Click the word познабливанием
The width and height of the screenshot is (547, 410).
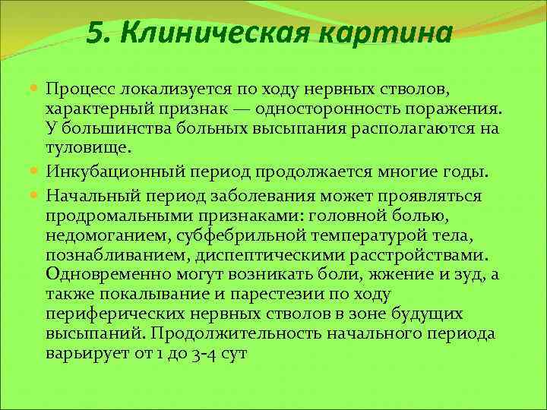(117, 254)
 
